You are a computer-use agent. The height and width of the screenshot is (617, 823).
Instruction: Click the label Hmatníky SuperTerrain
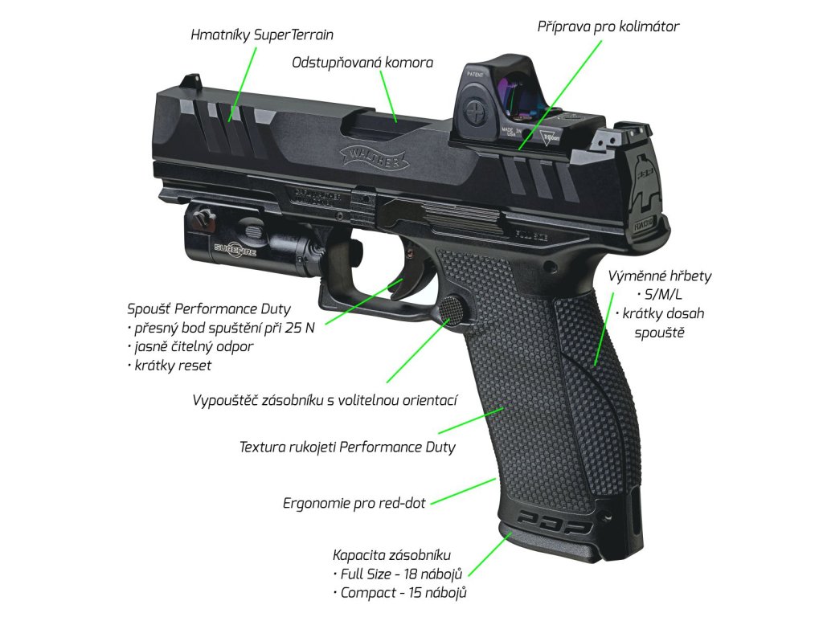262,35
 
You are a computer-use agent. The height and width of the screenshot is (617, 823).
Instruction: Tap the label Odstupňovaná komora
362,63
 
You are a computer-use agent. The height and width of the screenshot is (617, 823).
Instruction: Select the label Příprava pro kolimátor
608,27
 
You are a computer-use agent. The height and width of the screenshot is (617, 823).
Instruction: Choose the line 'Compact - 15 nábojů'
399,594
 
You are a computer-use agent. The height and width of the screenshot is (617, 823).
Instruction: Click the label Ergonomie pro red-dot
354,504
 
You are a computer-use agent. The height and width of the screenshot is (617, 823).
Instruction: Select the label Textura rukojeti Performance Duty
347,447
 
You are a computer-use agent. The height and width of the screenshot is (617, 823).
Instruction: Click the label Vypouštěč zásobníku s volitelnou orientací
324,399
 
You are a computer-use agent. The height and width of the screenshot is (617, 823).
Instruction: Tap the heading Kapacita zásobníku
391,555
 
